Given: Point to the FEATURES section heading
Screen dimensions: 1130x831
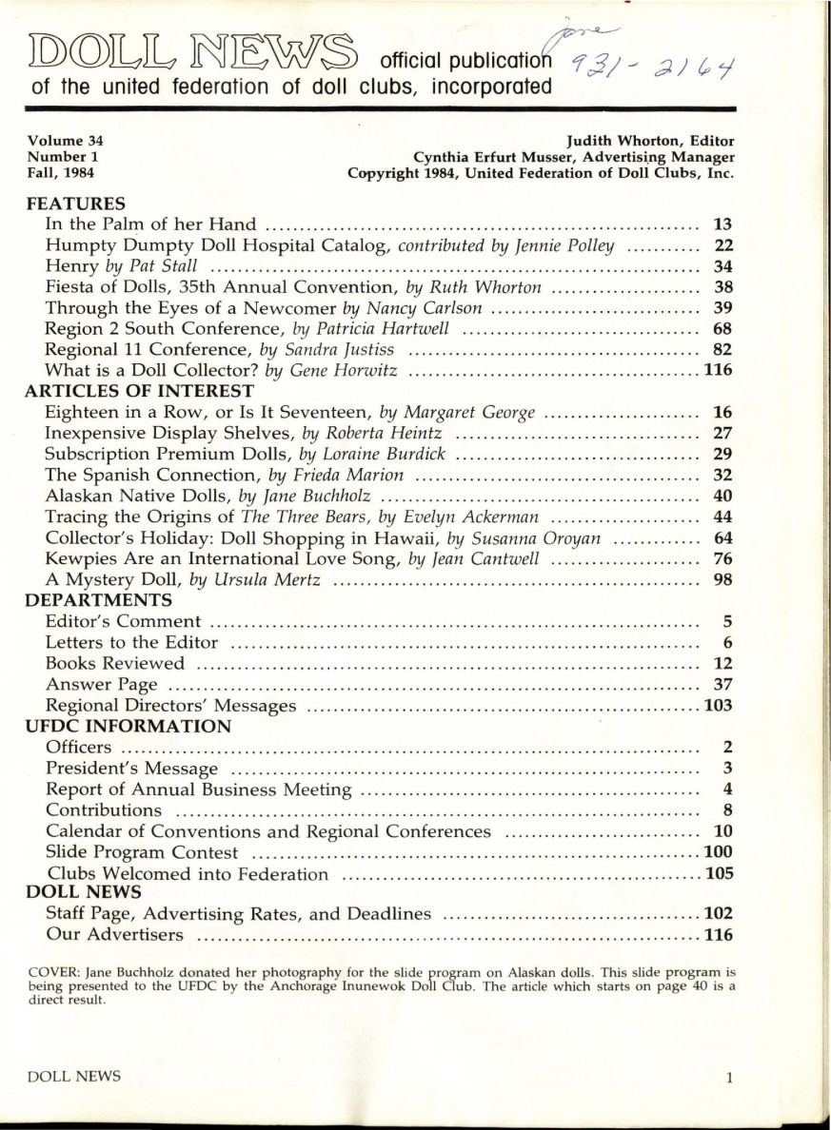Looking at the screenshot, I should [76, 203].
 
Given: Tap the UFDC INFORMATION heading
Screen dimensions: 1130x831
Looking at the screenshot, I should [124, 727].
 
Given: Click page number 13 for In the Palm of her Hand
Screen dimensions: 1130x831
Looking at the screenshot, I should [722, 224].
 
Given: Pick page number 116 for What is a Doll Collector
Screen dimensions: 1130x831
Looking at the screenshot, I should [717, 370].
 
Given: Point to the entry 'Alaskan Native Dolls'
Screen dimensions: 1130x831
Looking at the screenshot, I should [128, 496].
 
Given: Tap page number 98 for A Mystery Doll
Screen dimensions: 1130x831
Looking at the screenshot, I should [722, 579].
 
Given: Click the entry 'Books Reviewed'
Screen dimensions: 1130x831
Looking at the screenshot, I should [115, 663].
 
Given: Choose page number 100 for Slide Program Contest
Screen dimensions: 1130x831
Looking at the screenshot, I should [717, 851].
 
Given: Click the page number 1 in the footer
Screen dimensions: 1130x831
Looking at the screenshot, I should [728, 1078].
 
